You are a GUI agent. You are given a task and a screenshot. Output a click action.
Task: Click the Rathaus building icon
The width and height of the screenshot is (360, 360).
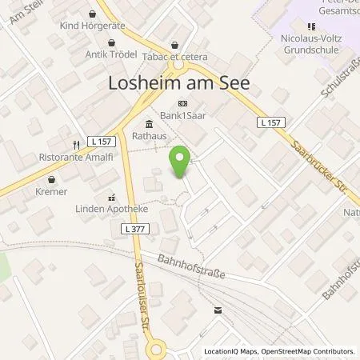point(149,123)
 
